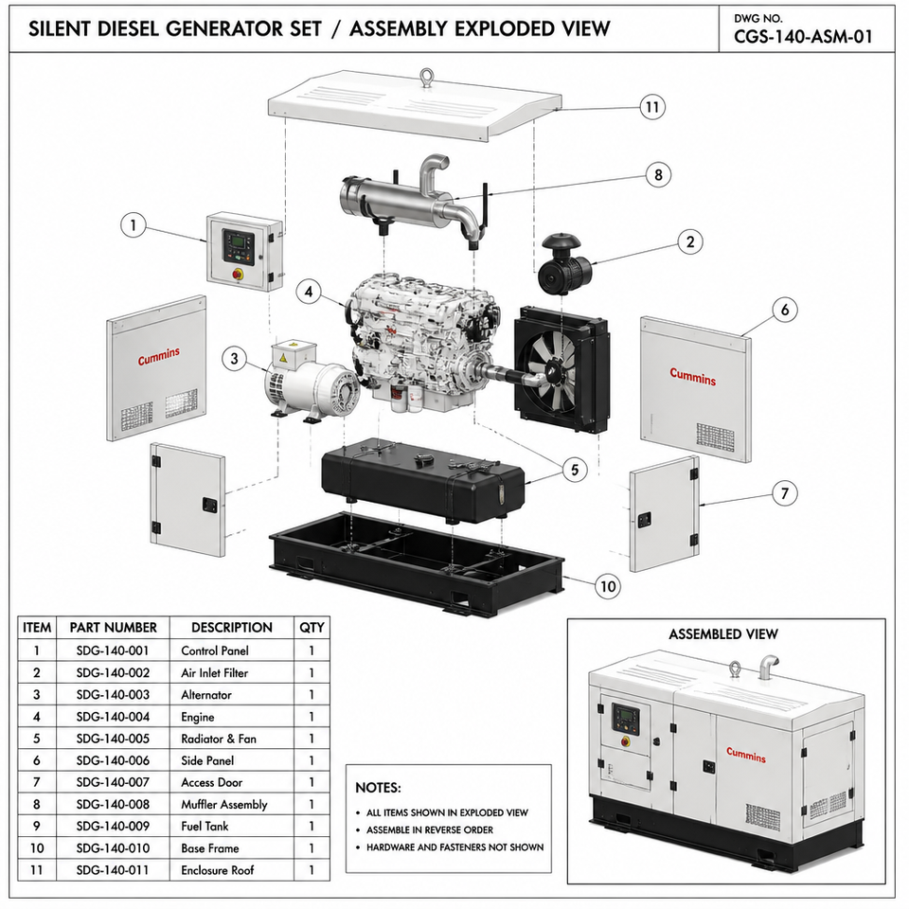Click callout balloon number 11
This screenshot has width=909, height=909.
point(652,107)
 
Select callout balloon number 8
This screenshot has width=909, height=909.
point(658,174)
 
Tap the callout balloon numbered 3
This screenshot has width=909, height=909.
point(234,359)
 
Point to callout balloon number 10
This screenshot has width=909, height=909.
point(608,587)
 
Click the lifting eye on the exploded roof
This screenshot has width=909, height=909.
point(427,78)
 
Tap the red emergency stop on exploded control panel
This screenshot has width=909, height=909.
point(238,274)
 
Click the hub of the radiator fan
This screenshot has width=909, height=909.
point(548,368)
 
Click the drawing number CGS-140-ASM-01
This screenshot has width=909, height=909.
point(803,37)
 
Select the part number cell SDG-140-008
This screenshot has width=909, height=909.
point(113,805)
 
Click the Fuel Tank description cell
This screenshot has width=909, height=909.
point(205,826)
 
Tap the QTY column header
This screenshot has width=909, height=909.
point(312,627)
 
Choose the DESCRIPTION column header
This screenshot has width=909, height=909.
point(232,627)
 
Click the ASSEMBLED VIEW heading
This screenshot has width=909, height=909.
point(722,634)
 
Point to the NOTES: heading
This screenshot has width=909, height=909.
point(378,788)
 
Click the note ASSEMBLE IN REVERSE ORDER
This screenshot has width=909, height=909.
point(430,830)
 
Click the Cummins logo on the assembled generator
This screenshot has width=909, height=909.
point(746,755)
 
